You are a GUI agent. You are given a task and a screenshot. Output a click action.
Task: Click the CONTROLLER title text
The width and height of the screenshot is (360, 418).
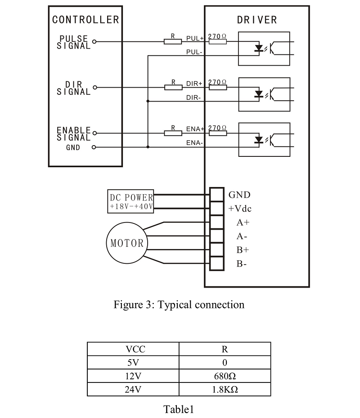pos(85,20)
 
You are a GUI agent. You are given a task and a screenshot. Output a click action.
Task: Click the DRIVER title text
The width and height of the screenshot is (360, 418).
pos(257,20)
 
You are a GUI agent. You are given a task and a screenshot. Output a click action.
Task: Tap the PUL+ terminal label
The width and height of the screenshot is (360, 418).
pos(195,39)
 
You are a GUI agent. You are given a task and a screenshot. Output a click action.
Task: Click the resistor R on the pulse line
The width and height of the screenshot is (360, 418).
pos(172,42)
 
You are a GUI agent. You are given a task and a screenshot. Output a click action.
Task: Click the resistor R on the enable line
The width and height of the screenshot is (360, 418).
pos(172,133)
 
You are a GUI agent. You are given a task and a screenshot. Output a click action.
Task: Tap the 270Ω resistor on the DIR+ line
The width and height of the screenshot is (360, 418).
pos(217,87)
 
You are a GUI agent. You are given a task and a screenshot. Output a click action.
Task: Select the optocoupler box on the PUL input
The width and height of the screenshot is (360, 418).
pos(264,48)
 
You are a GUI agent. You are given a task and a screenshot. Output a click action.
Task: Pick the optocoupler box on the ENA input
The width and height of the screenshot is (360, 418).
pos(264,139)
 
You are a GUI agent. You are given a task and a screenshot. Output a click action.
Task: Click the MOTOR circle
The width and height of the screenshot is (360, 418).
pos(127,243)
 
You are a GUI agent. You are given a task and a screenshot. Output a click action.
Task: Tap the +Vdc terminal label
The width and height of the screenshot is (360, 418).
pos(240,209)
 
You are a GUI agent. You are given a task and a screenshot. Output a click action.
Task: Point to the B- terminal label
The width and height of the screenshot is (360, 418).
pos(242,264)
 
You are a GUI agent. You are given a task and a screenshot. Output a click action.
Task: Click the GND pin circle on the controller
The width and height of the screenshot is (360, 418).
pos(94,147)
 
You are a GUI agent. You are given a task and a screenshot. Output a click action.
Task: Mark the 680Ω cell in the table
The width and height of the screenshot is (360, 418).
pos(225,376)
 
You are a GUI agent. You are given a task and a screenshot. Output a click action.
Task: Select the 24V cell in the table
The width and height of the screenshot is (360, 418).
pos(133,389)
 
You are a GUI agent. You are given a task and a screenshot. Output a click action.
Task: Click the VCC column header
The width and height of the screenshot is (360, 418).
pos(133,349)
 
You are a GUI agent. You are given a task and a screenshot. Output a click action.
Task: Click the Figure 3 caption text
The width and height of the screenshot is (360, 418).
pos(179,305)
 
